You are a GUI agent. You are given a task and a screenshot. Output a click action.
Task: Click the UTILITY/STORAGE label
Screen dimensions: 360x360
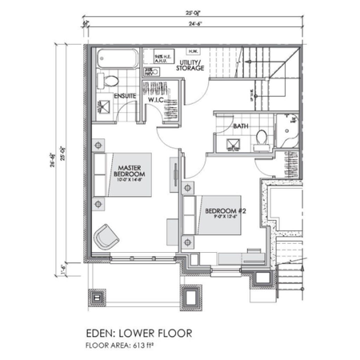click(x=191, y=66)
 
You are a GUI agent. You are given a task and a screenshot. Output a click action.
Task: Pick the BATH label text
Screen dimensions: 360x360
click(x=239, y=126)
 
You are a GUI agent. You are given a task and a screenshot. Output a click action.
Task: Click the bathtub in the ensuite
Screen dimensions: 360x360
click(x=117, y=61)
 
